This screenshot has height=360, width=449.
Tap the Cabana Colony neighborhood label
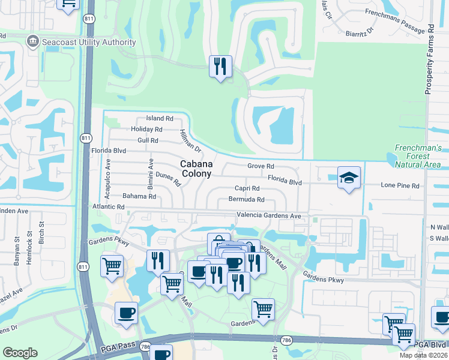coord(196,168)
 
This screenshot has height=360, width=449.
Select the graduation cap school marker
coord(349,178)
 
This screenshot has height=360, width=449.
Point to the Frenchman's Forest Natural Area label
coord(418,156)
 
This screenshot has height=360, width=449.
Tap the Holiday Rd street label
coord(146,129)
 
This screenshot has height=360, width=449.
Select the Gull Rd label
coord(147,140)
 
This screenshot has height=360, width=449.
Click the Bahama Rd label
coord(139,196)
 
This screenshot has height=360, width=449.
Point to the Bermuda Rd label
coord(246,199)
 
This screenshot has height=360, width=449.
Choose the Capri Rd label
coord(247,188)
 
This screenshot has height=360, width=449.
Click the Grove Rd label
coord(261,166)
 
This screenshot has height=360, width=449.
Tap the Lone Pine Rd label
coord(400,186)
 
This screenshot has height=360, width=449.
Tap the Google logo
coord(20,353)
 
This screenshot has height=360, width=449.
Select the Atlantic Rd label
coord(108,206)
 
